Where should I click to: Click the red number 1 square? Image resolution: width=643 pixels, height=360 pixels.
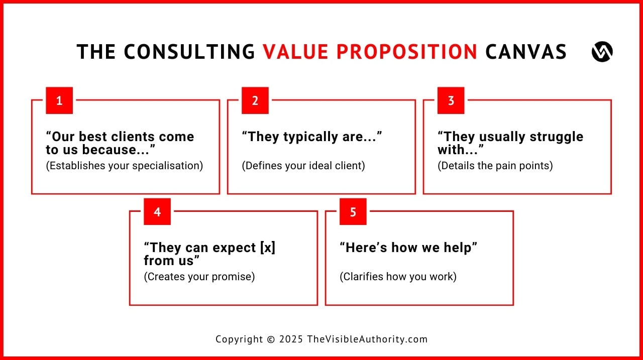point(59,100)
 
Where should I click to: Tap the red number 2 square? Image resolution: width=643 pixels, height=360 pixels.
point(255,100)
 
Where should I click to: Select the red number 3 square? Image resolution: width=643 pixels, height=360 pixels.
point(451,100)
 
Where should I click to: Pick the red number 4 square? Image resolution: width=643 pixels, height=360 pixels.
point(157,211)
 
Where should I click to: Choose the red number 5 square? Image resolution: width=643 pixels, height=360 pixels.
point(353,211)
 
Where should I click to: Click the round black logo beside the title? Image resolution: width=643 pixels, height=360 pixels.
point(602,52)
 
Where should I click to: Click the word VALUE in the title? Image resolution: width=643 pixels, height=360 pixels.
point(295,52)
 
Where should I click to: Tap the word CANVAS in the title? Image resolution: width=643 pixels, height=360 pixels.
point(526,52)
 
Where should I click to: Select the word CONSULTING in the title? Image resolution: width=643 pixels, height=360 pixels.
point(189,52)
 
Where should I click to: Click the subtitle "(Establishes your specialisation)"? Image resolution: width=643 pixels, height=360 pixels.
point(125,166)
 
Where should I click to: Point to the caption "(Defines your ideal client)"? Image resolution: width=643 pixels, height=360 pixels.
point(303,166)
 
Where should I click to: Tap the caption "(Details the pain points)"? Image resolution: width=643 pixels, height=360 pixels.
point(495,166)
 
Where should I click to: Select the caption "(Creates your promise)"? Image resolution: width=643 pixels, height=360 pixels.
point(199,277)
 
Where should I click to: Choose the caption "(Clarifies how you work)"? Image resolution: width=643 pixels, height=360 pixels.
point(398,277)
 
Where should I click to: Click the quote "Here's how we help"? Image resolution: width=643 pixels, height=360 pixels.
point(408,248)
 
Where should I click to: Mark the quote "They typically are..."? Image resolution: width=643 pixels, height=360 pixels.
point(312,137)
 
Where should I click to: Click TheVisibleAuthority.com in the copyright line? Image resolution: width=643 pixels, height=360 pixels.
point(367,339)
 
